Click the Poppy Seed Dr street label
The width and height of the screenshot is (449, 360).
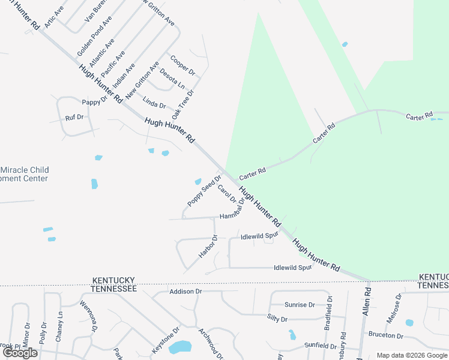[200, 191]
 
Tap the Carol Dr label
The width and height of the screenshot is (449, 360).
[227, 194]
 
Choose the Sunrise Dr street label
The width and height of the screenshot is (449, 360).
[300, 305]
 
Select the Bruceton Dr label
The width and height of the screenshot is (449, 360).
[386, 335]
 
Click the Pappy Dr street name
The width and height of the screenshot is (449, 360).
[94, 102]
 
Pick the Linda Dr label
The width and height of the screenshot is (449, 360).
[154, 104]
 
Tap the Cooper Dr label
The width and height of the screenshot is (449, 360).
[183, 65]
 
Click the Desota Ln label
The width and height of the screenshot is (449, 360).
[172, 79]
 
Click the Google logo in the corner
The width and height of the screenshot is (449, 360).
[20, 353]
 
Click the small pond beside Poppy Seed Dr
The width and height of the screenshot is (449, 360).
[197, 181]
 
